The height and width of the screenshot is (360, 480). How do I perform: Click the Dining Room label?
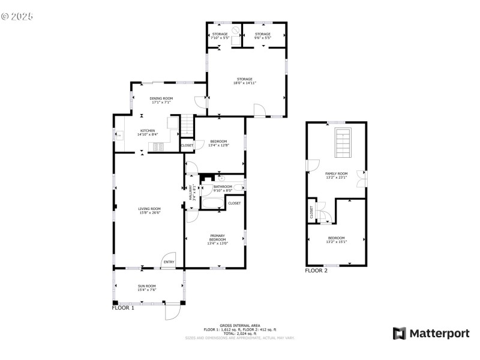[x=161, y=100]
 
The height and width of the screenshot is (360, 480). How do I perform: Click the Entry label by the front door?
[x=169, y=262]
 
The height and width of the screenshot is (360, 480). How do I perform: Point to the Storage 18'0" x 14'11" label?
[x=244, y=80]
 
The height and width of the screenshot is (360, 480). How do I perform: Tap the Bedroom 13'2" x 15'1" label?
[x=336, y=239]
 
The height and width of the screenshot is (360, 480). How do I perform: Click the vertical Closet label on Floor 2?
[x=311, y=212]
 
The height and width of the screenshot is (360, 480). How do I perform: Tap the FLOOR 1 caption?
[x=123, y=308]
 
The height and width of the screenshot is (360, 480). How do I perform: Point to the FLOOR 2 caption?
[x=316, y=271]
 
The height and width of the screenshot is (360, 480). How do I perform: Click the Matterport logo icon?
[x=398, y=333]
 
